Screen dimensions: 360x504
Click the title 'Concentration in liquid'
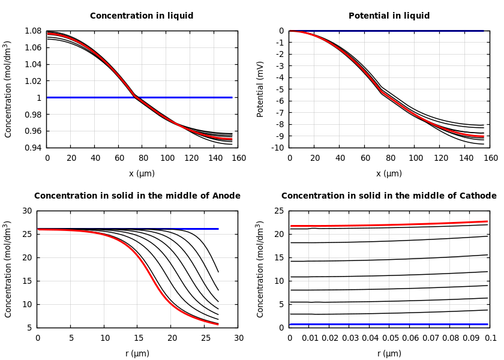[142, 16]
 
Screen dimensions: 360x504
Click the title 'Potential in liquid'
[389, 16]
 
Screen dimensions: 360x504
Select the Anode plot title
[137, 196]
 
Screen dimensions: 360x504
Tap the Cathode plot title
[389, 196]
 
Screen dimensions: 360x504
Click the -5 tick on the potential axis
[279, 89]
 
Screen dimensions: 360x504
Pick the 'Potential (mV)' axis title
[260, 89]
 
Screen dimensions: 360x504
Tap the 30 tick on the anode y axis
[26, 211]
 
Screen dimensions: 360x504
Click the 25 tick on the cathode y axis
[278, 211]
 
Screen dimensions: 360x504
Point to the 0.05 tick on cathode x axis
[390, 338]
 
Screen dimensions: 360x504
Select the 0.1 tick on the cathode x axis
[490, 338]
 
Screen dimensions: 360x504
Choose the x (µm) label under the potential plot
[389, 174]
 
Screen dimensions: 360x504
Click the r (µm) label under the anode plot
[137, 354]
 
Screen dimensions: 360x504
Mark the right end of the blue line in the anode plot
[218, 229]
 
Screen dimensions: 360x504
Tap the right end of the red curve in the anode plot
[218, 324]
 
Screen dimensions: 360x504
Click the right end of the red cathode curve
[487, 221]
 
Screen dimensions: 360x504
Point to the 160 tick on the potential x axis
[490, 158]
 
